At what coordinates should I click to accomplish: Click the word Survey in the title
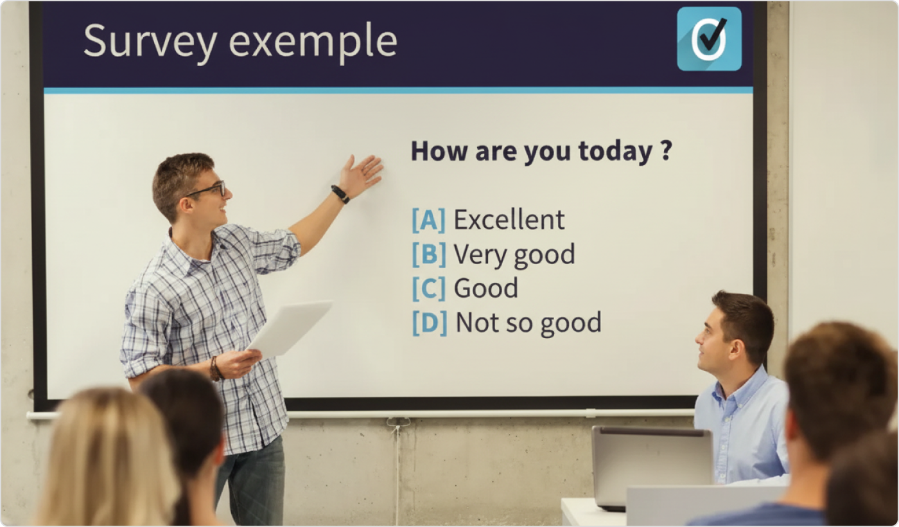point(150,41)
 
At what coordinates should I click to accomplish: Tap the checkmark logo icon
point(709,39)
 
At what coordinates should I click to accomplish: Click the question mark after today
point(666,151)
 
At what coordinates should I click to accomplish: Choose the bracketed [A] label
point(428,220)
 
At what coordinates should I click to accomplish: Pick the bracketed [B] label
point(428,254)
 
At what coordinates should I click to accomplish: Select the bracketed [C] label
point(428,288)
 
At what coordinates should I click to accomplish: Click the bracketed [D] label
point(429,323)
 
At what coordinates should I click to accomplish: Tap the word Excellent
point(509,220)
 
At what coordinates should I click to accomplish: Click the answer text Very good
point(514,255)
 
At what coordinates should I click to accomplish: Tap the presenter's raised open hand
point(361,174)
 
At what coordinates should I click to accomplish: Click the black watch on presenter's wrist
point(340,194)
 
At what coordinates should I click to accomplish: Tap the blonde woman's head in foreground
point(106,450)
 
